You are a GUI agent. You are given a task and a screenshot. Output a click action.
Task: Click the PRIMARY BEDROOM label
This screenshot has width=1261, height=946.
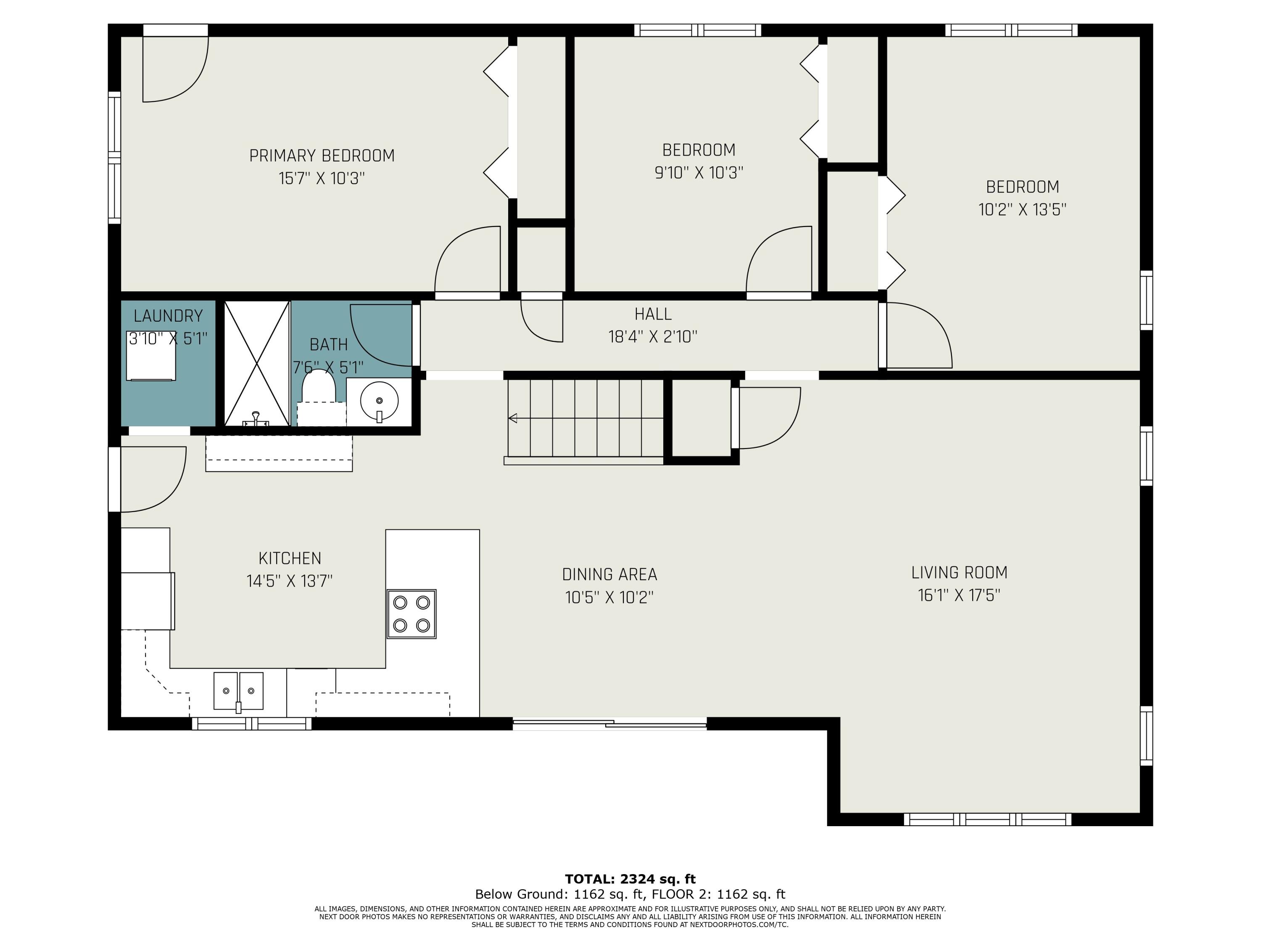322,156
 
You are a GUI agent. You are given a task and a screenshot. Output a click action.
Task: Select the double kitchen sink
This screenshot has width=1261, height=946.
238,690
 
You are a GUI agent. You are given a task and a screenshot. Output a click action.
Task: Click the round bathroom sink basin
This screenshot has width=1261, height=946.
379,400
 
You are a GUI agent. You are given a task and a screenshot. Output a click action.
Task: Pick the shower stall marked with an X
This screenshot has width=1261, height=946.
257,363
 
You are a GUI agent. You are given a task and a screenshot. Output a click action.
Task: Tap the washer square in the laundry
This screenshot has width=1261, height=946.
150,357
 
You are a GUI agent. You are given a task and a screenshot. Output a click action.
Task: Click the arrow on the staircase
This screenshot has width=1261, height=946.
586,418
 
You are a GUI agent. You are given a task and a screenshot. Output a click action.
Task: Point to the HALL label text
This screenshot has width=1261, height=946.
653,314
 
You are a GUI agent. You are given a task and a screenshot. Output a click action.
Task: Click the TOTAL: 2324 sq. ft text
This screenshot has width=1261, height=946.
630,879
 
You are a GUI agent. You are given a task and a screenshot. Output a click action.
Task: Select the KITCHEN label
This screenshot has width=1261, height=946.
290,558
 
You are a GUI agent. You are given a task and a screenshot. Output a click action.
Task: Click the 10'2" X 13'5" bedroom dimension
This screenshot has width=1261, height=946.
1023,210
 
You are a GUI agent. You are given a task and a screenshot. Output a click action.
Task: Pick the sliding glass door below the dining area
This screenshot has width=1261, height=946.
609,724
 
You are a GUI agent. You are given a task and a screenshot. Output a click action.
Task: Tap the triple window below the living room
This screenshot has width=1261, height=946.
987,819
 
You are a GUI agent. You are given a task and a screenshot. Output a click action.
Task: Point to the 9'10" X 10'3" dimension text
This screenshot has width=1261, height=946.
699,173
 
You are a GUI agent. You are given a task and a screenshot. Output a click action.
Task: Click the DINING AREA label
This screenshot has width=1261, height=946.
609,574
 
